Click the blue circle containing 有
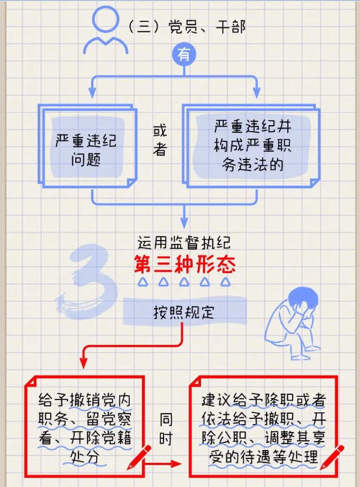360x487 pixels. (184, 54)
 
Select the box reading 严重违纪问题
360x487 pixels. (88, 146)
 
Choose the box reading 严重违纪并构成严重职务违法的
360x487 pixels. (251, 146)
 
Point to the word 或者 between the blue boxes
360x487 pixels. (160, 140)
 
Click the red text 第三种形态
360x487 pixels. (184, 265)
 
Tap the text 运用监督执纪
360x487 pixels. (184, 243)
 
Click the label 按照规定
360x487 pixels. (184, 312)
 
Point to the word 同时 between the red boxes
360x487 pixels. (165, 429)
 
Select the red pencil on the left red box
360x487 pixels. (139, 457)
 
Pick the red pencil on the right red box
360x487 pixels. (332, 457)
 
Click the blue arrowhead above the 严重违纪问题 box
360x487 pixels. (92, 93)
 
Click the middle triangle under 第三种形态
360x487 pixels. (184, 281)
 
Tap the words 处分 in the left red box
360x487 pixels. (84, 457)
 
